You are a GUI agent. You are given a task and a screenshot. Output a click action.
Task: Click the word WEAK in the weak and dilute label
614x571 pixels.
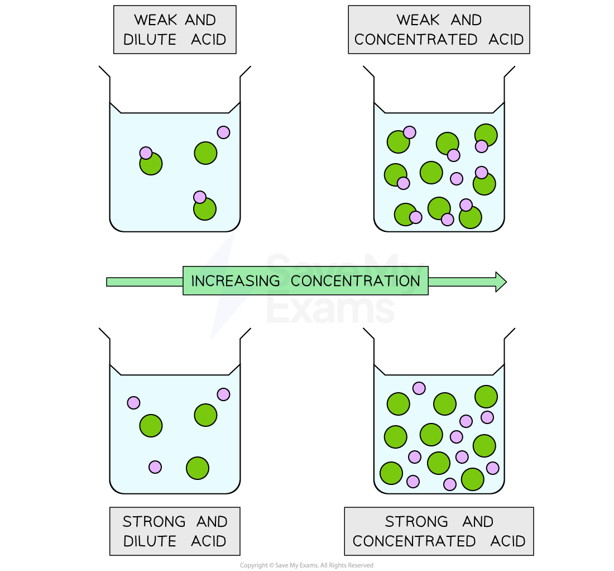(156, 20)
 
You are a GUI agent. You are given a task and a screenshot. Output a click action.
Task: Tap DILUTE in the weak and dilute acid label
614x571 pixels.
(150, 40)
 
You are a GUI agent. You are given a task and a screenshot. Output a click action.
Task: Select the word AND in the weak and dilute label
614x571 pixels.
(200, 20)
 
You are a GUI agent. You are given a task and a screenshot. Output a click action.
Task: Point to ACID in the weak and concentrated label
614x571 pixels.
(506, 40)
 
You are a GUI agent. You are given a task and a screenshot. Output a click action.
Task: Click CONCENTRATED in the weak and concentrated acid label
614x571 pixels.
(415, 40)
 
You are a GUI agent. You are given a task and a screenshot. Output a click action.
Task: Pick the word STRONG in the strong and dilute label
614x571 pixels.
(154, 522)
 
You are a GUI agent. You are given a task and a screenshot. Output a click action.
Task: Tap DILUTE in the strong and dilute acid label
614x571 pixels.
(150, 541)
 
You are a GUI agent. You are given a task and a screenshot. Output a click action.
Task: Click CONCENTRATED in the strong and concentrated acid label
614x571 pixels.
(414, 541)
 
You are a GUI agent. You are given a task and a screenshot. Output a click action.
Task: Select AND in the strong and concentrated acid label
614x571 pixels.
(478, 522)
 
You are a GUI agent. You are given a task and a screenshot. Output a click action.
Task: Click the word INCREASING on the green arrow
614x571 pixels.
(236, 281)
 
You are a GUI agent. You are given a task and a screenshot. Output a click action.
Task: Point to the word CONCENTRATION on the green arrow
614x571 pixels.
(355, 281)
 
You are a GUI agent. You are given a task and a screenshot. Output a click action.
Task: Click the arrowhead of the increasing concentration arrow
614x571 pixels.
(501, 282)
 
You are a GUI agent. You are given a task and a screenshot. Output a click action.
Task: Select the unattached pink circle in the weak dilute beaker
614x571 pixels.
(224, 132)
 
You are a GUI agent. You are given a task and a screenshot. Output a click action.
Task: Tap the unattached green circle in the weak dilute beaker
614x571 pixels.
(205, 153)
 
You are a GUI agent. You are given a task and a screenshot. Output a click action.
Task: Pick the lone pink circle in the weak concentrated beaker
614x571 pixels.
(457, 179)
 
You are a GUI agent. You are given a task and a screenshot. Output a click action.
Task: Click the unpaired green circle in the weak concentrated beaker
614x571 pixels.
(431, 173)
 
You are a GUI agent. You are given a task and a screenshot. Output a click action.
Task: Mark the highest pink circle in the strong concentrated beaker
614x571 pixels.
(419, 388)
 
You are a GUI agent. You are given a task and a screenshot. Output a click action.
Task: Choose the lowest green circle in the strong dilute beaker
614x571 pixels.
(198, 468)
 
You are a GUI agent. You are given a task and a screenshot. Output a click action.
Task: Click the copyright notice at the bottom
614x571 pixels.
(306, 565)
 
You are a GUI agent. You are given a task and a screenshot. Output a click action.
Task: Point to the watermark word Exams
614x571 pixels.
(330, 308)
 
